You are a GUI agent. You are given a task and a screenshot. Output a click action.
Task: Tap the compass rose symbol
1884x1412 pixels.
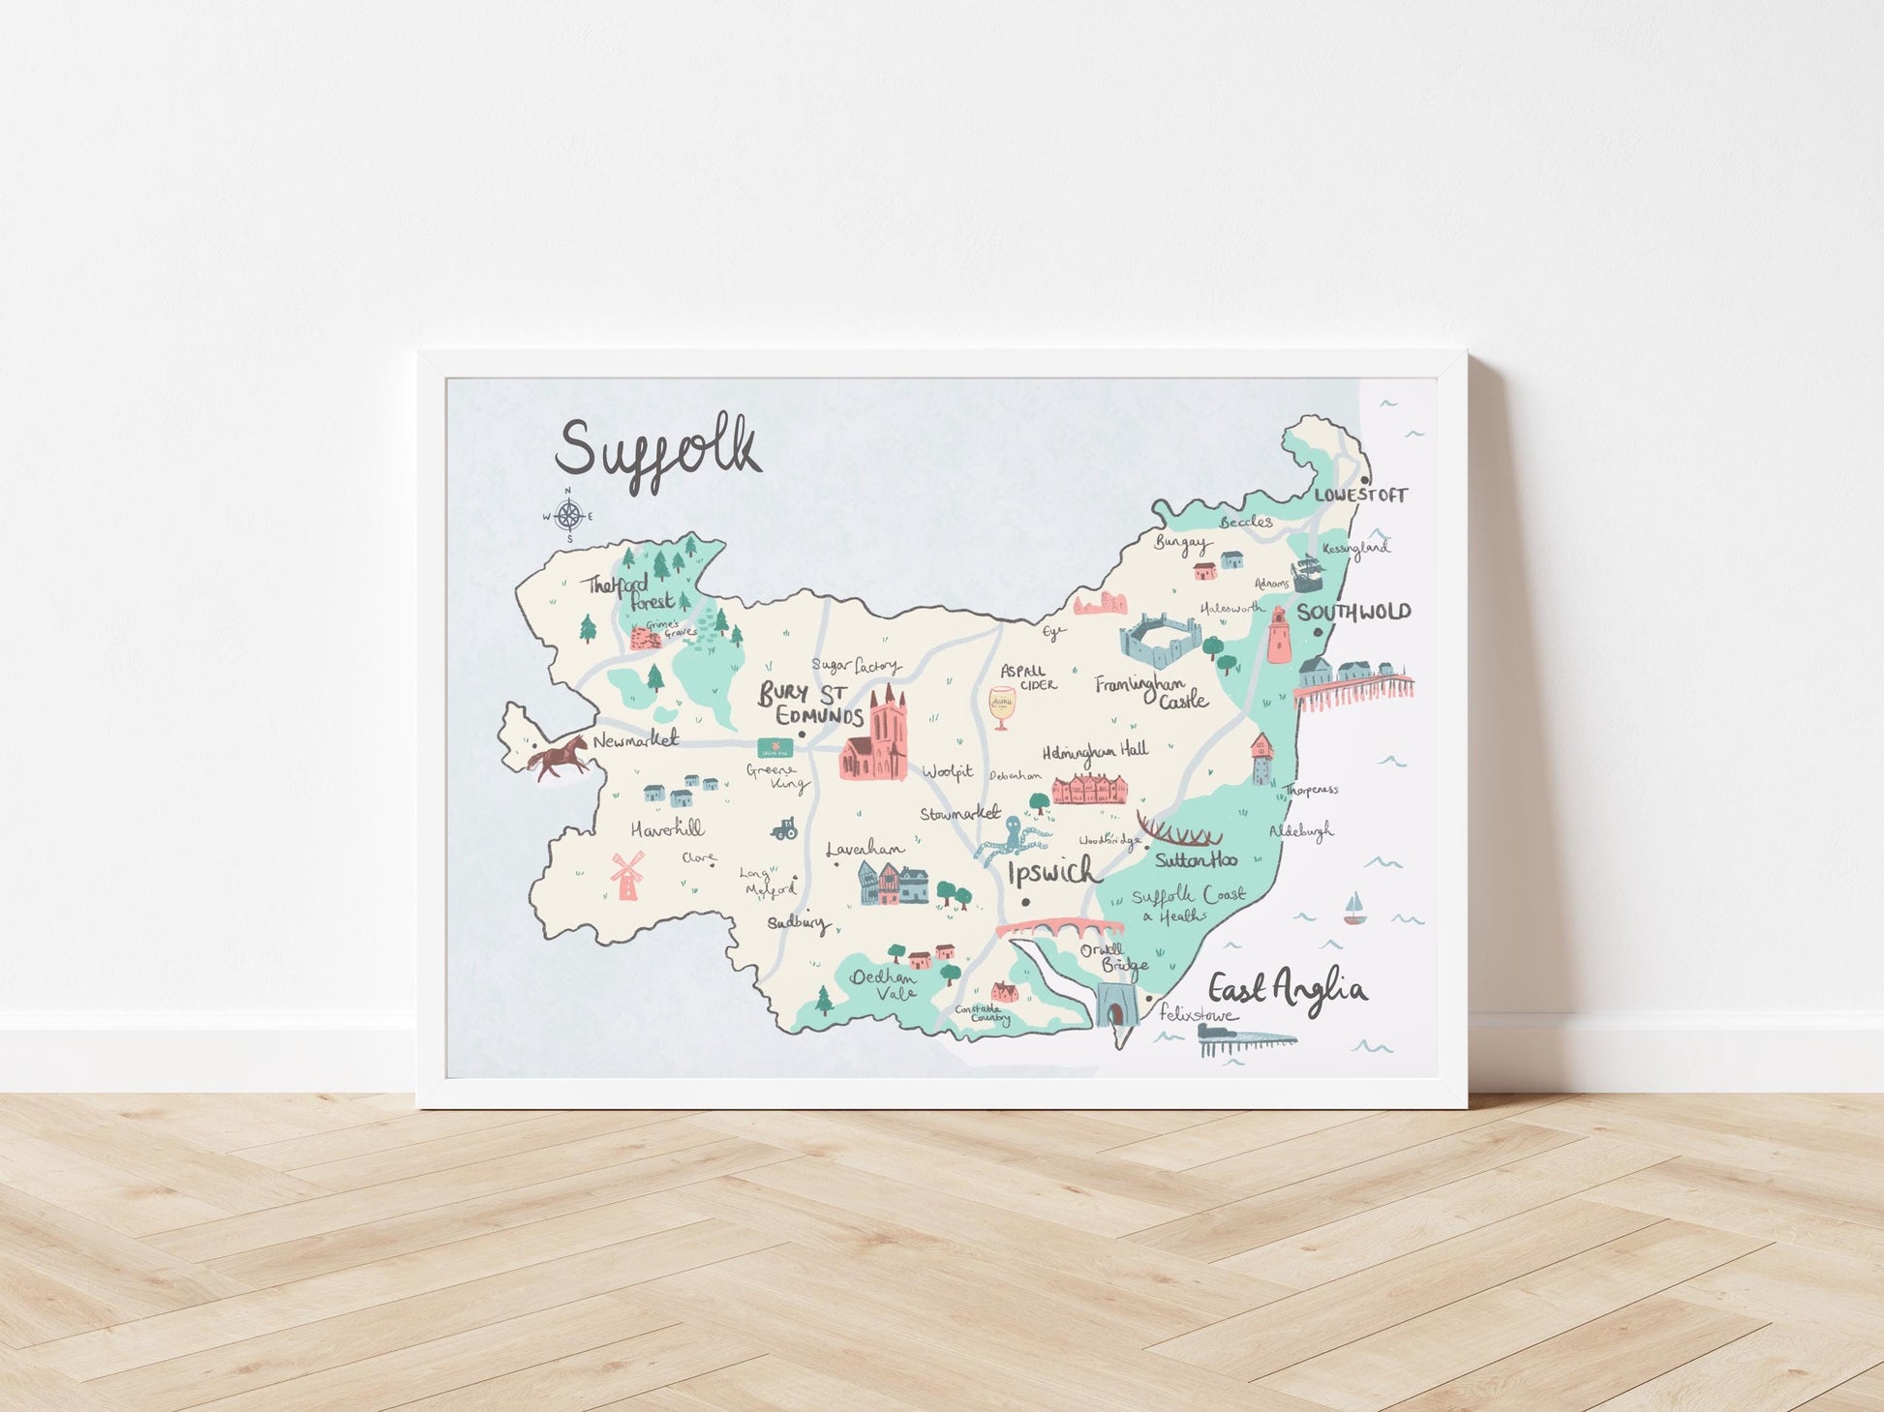569,516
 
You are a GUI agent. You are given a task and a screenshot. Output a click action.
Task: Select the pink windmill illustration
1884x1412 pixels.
626,875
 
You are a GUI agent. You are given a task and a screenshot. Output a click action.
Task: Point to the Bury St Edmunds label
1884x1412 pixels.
810,705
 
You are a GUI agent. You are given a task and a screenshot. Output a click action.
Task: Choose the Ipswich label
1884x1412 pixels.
1053,872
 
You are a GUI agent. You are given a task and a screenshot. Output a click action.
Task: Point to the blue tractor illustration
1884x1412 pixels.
782,827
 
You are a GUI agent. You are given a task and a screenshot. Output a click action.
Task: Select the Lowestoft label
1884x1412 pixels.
1360,496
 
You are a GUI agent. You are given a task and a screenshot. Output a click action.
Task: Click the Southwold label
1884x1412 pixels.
1353,613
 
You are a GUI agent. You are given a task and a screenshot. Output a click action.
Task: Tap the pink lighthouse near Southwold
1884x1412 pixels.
1278,635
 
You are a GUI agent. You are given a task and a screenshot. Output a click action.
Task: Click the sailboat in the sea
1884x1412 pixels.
1353,910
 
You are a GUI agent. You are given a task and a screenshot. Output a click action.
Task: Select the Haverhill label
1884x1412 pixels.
667,829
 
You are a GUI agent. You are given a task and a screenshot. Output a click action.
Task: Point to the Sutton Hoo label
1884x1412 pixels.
1196,859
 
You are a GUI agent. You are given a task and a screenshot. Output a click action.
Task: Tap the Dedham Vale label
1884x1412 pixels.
883,985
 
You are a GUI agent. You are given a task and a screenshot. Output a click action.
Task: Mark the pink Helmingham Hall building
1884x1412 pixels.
1090,789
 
